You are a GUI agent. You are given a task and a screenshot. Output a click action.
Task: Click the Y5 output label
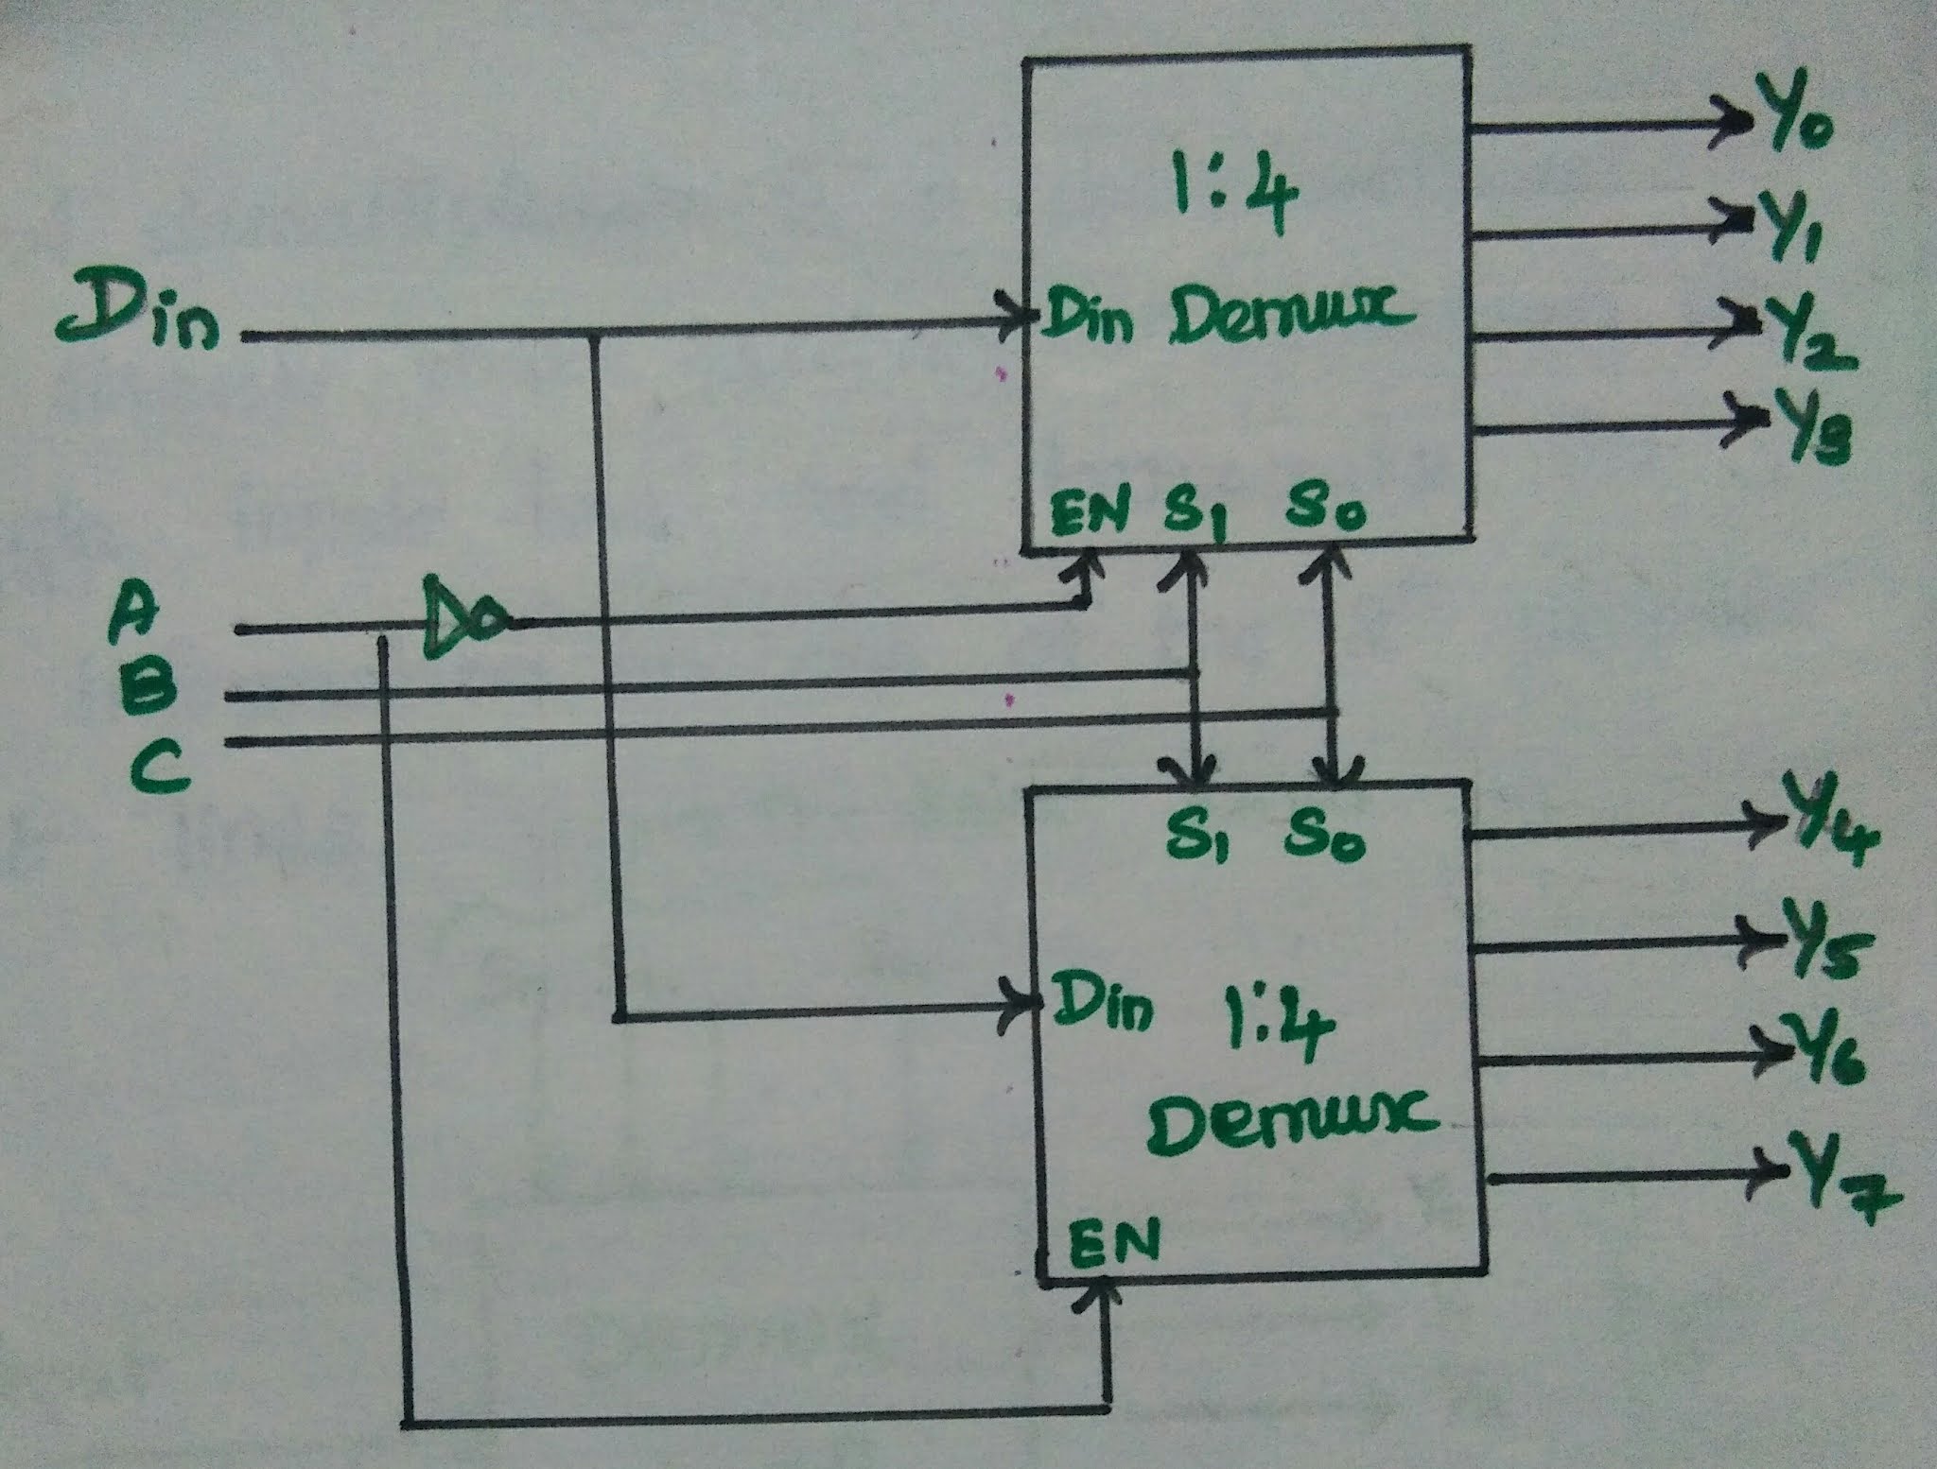pyautogui.click(x=1824, y=947)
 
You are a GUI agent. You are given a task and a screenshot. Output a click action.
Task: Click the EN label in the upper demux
pyautogui.click(x=1091, y=512)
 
